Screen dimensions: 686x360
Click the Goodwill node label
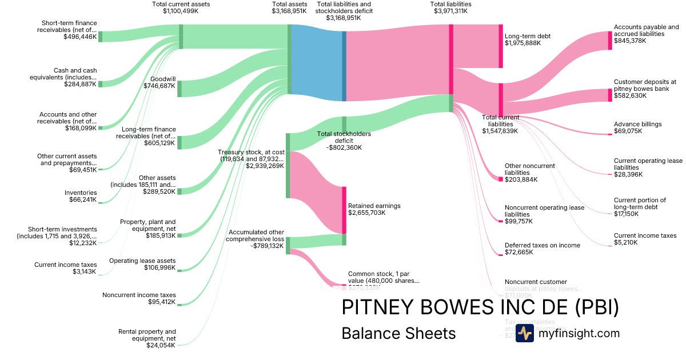tap(162, 79)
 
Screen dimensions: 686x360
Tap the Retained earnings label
tap(374, 206)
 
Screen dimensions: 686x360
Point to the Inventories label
tap(81, 193)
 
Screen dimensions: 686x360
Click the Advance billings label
tap(637, 124)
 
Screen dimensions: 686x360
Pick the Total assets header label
tap(289, 4)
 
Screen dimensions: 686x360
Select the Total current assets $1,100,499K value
tap(181, 11)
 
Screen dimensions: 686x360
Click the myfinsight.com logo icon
tap(524, 333)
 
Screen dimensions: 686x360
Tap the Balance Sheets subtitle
tap(398, 333)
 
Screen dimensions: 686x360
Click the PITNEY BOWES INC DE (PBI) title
tap(480, 307)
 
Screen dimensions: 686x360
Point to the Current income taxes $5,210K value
tap(625, 243)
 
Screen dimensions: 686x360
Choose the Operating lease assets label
tap(142, 261)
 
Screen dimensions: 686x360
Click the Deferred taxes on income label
tap(542, 245)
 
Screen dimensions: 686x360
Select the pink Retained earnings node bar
tap(344, 210)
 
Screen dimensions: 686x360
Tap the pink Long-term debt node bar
tap(501, 46)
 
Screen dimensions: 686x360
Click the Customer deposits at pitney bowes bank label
tap(645, 85)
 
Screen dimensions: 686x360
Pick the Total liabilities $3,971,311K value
tap(450, 11)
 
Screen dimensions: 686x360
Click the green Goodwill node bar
tap(180, 89)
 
